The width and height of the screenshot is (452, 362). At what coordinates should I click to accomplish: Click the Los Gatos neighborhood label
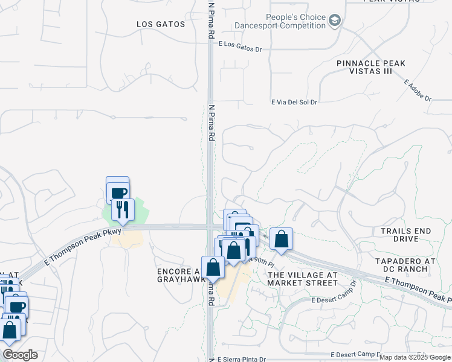coord(160,24)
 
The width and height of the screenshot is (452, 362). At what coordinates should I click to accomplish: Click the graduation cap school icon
coord(334,22)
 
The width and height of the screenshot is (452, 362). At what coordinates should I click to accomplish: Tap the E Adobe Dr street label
coord(418,91)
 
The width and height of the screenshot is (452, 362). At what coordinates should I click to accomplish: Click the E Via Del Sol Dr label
coord(294,103)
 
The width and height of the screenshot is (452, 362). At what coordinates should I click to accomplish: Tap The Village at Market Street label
coord(302,278)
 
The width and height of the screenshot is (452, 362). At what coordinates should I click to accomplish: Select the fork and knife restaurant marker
coord(123,209)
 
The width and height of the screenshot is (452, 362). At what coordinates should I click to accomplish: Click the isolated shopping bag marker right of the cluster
coord(282,238)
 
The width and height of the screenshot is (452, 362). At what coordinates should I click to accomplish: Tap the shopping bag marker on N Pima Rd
coord(213,267)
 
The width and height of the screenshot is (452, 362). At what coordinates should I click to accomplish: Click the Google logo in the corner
coord(19,355)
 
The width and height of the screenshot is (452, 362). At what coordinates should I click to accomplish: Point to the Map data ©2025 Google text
coord(415,357)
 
